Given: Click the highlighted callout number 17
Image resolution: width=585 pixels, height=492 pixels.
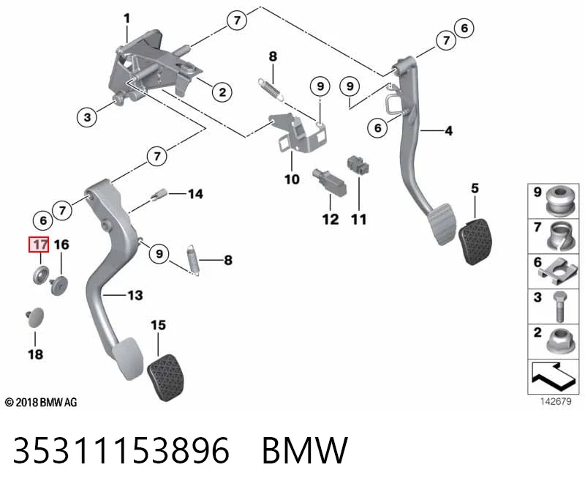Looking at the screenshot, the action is [x=39, y=245].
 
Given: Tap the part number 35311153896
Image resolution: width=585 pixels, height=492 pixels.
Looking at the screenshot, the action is [x=121, y=450].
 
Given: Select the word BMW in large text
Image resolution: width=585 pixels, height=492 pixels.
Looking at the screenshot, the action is [x=305, y=450].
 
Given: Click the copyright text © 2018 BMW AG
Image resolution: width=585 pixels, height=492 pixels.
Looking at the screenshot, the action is [x=41, y=403].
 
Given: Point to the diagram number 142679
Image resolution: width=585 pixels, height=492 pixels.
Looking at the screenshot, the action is [x=556, y=401].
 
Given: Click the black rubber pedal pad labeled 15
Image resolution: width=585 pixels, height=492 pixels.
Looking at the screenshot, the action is [x=166, y=378].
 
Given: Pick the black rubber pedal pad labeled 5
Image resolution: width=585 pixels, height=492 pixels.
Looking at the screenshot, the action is [x=474, y=242].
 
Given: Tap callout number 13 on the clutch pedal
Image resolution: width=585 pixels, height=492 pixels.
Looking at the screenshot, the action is [x=135, y=295].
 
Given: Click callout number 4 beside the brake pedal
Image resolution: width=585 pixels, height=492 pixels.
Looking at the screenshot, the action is [x=449, y=131].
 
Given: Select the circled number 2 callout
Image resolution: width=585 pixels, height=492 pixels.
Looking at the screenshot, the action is [x=222, y=92].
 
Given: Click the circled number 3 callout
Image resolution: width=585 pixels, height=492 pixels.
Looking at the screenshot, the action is [x=87, y=117].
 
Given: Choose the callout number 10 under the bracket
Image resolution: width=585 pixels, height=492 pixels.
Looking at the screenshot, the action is [x=292, y=179].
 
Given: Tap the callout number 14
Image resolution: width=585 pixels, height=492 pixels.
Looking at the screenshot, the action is [x=195, y=194].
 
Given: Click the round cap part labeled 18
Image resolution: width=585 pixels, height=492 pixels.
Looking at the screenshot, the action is [x=34, y=318].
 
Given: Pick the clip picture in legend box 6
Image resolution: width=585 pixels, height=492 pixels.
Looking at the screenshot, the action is [x=558, y=271].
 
